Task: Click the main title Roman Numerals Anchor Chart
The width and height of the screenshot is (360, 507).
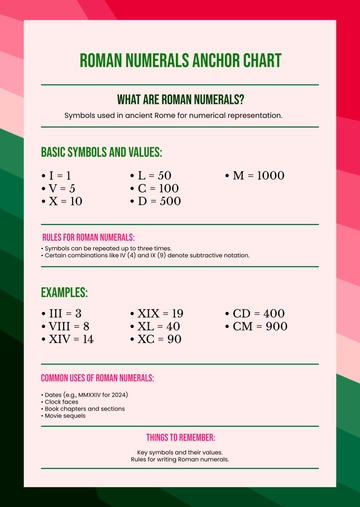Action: pos(180,61)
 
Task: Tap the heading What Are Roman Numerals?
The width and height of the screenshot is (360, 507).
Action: pos(180,100)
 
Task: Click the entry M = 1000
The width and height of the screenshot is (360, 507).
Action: pos(257,175)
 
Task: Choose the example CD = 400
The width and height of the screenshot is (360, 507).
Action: pos(258,313)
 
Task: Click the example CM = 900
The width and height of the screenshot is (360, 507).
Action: pos(259,326)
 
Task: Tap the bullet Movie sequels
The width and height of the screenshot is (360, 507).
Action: pos(66,415)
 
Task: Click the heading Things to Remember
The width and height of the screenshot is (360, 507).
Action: pos(180,437)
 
